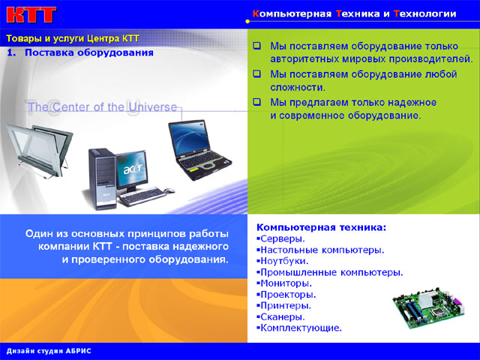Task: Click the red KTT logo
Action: pyautogui.click(x=30, y=14)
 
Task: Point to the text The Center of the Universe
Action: pyautogui.click(x=102, y=107)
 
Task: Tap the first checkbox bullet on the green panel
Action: pyautogui.click(x=256, y=46)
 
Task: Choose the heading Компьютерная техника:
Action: pyautogui.click(x=321, y=226)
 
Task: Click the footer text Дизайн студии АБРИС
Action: pyautogui.click(x=48, y=351)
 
